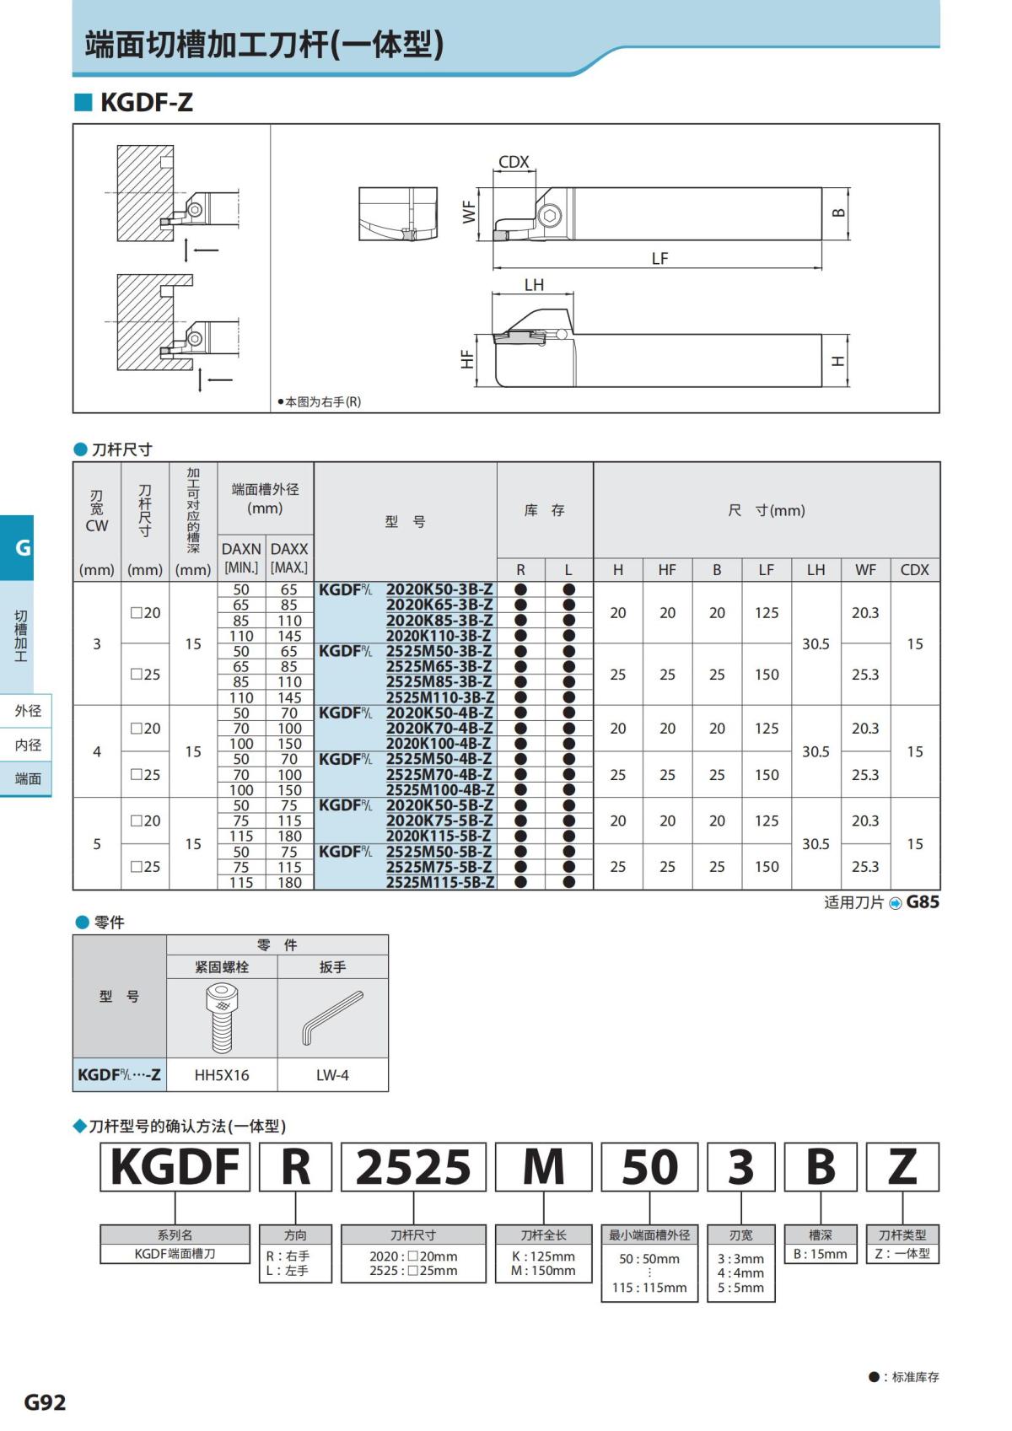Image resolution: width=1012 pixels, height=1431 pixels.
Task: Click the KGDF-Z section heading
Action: point(146,102)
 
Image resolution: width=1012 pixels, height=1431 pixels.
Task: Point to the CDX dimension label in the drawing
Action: point(514,162)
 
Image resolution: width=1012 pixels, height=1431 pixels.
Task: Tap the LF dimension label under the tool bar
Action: point(659,258)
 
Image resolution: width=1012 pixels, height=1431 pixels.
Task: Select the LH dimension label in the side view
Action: point(534,284)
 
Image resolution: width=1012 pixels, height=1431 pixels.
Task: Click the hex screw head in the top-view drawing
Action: point(550,215)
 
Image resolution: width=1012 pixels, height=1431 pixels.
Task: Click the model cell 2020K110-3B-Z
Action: point(439,636)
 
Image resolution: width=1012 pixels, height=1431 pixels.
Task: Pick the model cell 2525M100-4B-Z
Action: point(440,789)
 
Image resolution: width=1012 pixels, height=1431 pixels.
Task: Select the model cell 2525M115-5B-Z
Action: point(440,882)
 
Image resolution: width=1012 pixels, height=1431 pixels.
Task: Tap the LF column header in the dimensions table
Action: point(766,570)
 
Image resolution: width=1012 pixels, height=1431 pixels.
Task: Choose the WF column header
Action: point(865,570)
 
